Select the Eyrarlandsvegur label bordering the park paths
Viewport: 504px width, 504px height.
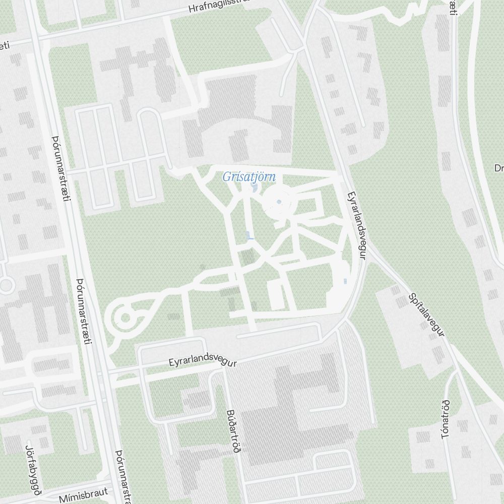[x=356, y=226]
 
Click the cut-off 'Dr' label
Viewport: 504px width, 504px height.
[x=498, y=168]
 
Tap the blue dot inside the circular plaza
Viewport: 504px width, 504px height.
[x=279, y=203]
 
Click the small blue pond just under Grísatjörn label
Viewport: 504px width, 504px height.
[x=254, y=188]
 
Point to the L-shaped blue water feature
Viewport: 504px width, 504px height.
[x=249, y=235]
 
